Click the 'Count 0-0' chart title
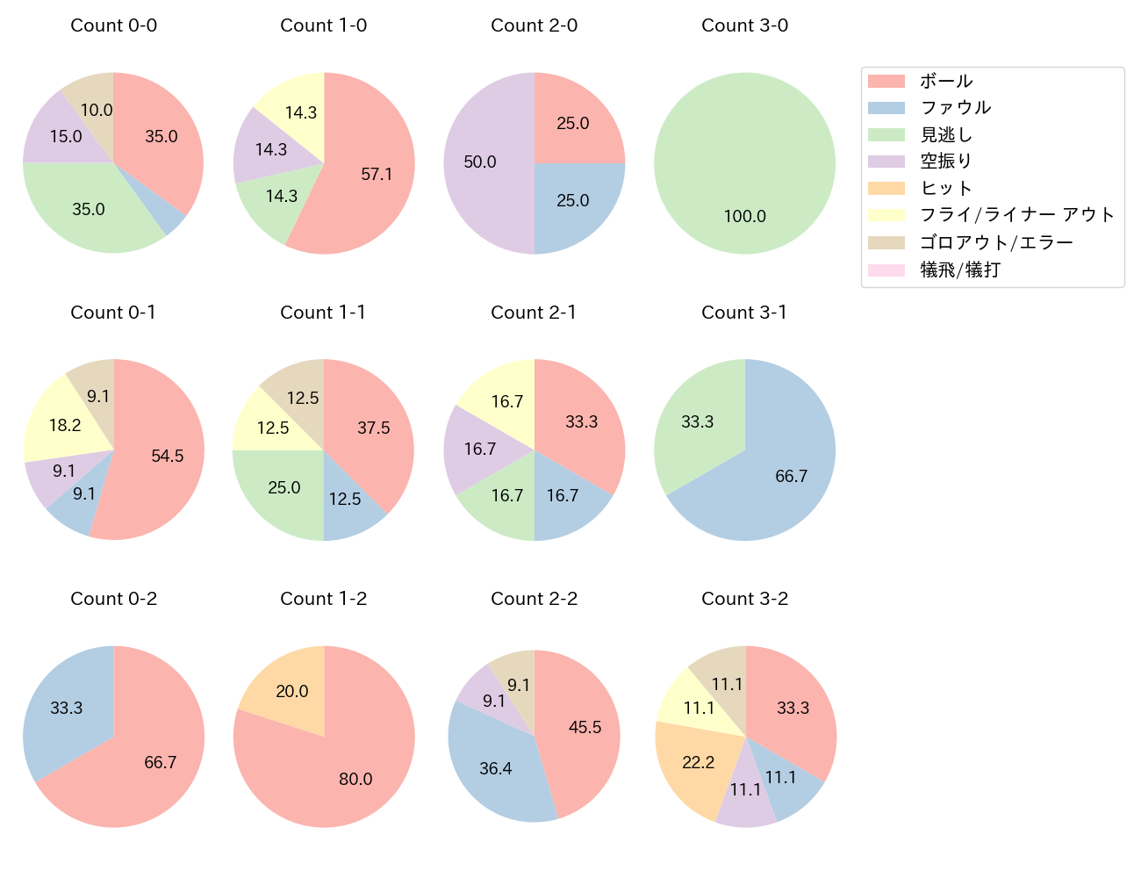(113, 25)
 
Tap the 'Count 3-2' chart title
(744, 599)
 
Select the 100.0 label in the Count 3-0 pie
(744, 216)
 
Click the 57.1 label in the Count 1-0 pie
(377, 174)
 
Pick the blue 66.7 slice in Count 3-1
(781, 474)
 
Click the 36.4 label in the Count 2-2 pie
(495, 768)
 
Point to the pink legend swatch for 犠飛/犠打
(886, 270)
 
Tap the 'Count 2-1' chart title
(534, 313)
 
